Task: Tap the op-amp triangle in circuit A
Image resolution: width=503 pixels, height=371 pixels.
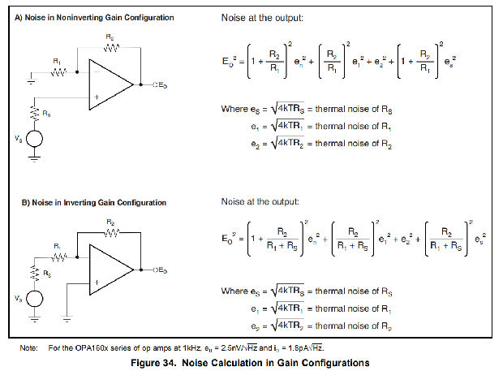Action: click(112, 84)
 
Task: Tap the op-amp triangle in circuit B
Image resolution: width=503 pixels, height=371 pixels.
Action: click(112, 270)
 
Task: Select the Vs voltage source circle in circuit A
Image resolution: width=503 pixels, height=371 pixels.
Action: click(34, 139)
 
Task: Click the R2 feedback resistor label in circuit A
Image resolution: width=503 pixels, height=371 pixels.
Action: click(110, 37)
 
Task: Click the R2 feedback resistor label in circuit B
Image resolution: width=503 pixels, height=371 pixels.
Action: click(110, 221)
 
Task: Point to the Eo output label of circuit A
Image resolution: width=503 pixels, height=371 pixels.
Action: click(162, 84)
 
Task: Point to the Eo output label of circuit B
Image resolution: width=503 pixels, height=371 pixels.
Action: click(162, 270)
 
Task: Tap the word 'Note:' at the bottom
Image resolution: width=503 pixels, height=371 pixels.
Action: click(29, 347)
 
